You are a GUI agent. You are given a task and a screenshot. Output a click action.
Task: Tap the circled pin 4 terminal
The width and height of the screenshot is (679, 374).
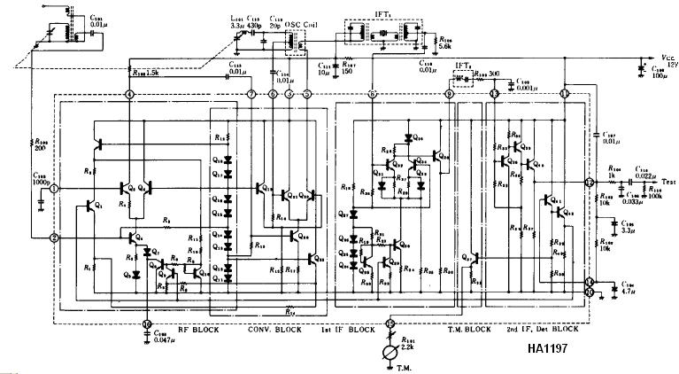pos(130,94)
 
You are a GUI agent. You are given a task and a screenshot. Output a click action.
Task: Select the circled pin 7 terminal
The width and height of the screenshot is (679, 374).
pos(252,94)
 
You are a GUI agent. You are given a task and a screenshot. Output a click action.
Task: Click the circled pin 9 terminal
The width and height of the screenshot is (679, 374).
pos(450,94)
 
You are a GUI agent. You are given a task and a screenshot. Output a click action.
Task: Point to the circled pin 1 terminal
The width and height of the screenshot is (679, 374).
pos(55,189)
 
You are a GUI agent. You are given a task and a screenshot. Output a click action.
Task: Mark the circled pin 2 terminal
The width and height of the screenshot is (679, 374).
pos(55,238)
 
